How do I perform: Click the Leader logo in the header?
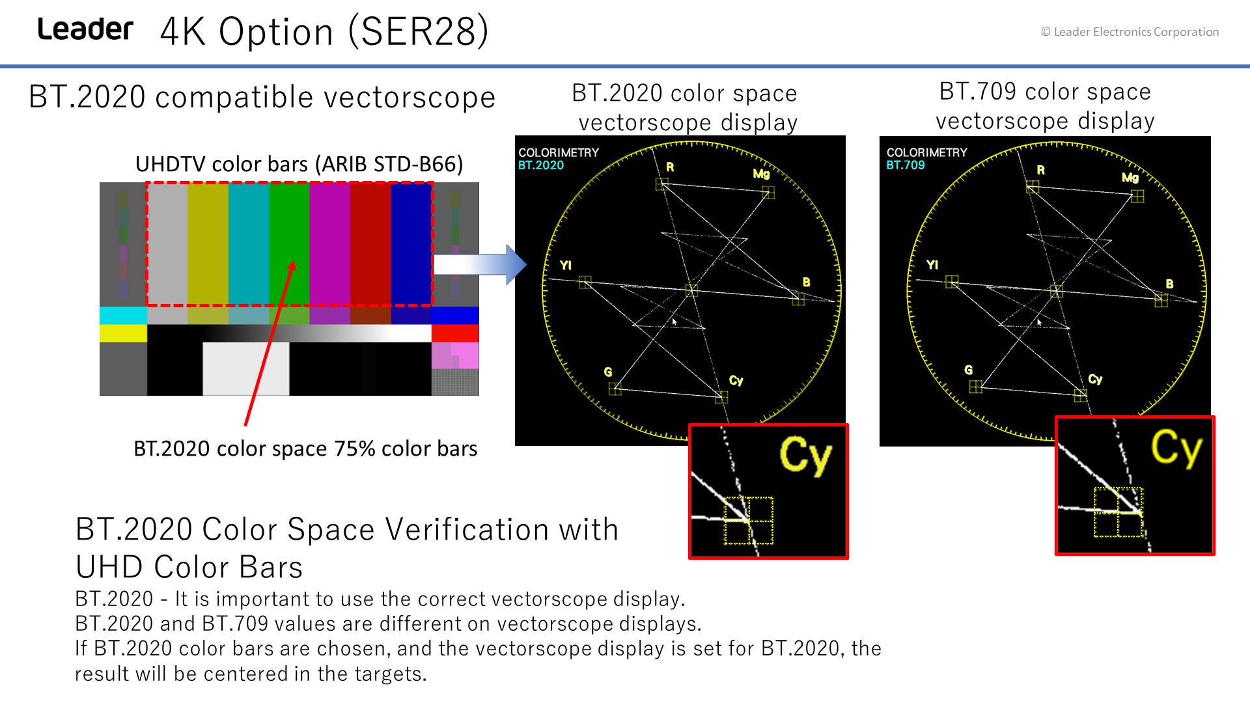click(85, 29)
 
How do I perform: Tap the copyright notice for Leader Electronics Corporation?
click(1130, 32)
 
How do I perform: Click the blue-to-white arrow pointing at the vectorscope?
click(480, 264)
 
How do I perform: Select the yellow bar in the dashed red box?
click(208, 244)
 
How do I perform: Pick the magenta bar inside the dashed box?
click(329, 244)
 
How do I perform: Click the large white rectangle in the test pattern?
click(246, 368)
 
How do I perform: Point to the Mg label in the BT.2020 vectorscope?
click(761, 174)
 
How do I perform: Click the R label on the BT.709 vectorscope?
click(1041, 170)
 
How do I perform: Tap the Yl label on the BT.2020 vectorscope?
click(566, 265)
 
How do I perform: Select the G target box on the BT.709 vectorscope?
click(975, 387)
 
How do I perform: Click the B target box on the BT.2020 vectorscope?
click(798, 299)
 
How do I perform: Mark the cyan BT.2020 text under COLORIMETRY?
click(541, 165)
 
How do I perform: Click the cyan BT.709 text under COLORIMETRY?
click(906, 165)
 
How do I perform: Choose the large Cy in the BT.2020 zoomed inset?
click(806, 456)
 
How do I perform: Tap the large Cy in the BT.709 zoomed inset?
click(1177, 448)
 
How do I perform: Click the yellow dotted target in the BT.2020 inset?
click(749, 520)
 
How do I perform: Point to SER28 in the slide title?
click(419, 31)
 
